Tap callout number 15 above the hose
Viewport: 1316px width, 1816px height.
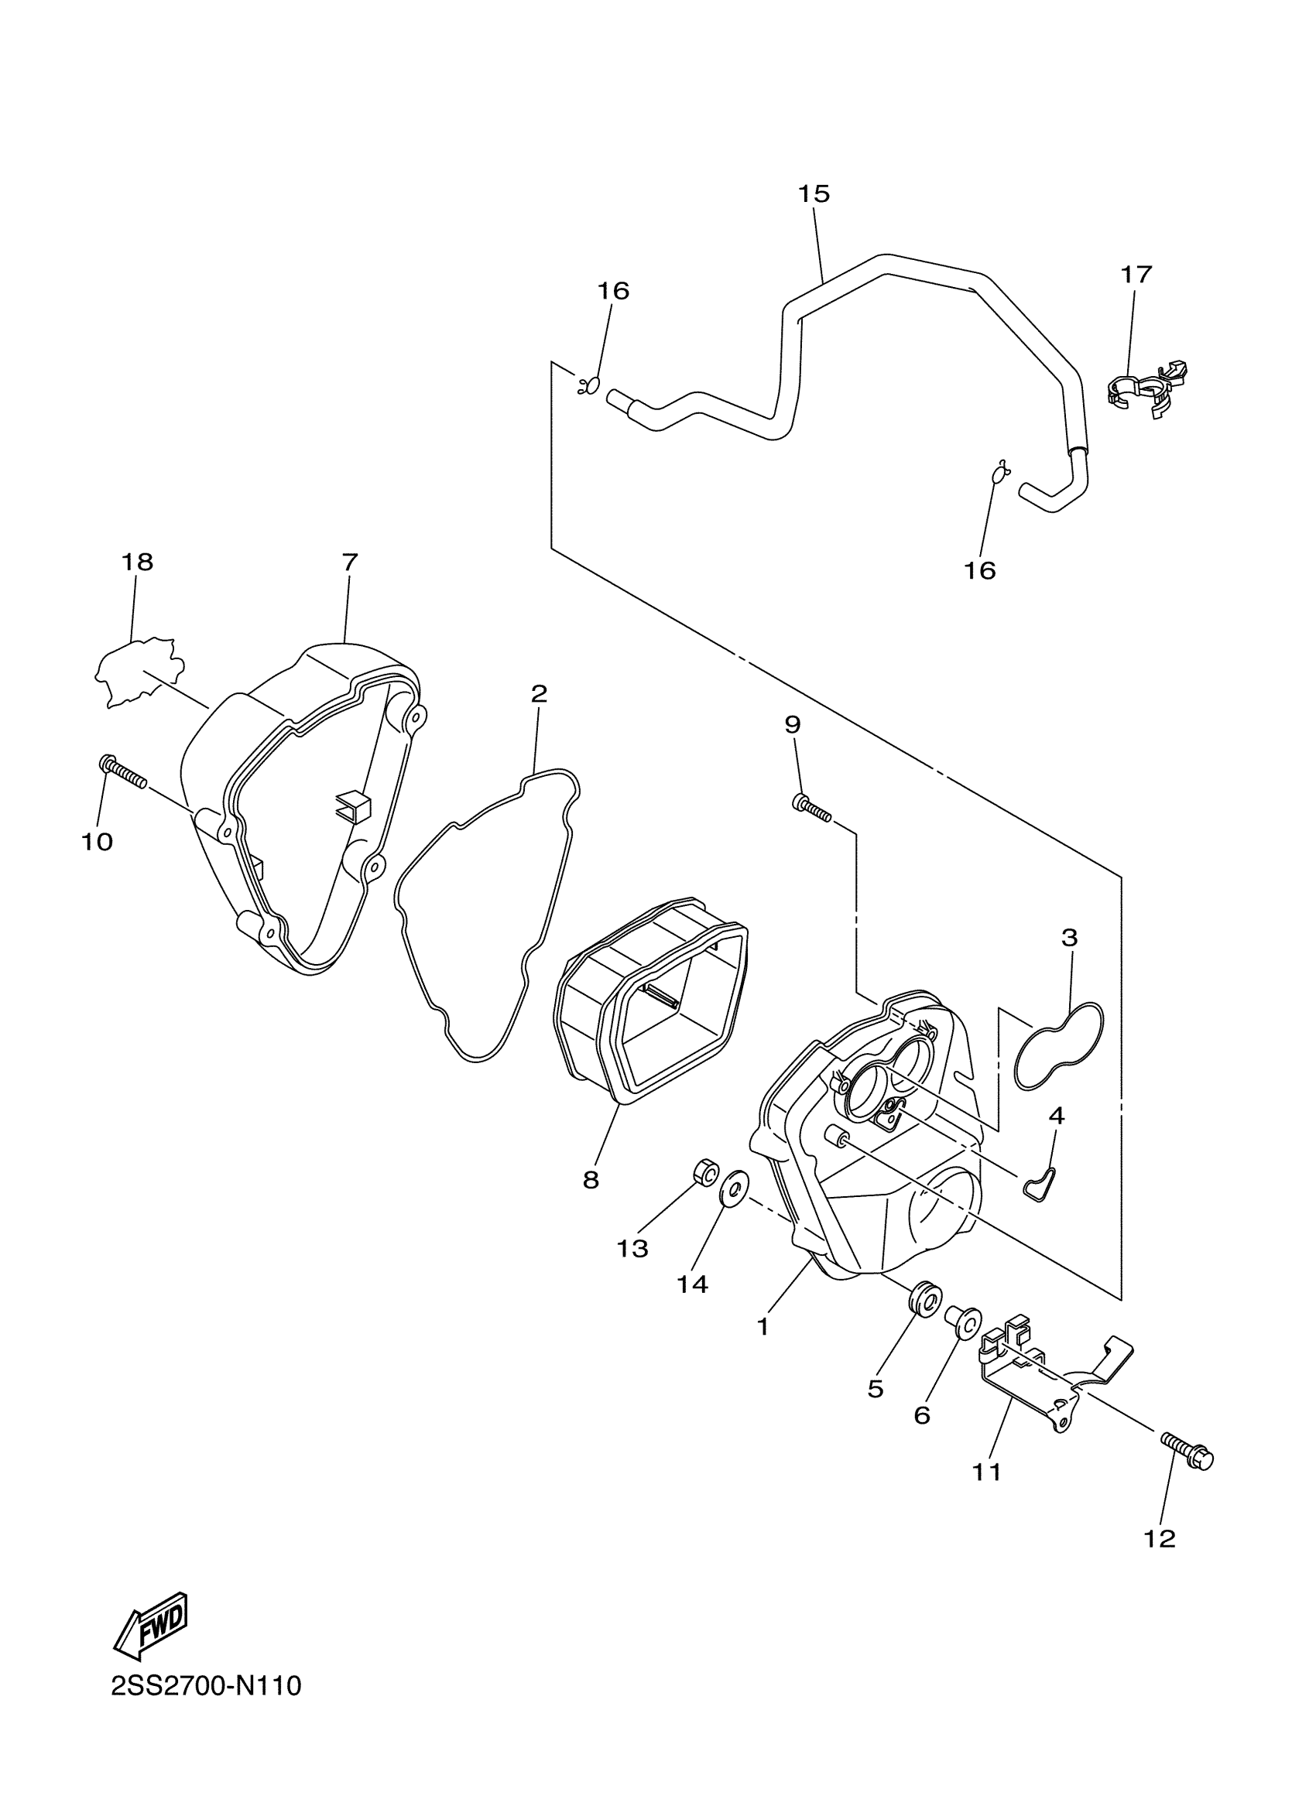[x=814, y=193]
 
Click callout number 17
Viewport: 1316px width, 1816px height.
[x=1136, y=275]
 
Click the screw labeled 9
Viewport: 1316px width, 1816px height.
[x=811, y=809]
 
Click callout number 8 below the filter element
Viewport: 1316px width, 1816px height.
[x=591, y=1180]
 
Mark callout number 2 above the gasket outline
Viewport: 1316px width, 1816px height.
[x=539, y=693]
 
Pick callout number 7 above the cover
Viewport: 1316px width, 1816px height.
[x=349, y=563]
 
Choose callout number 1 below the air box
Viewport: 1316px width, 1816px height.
[x=763, y=1327]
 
